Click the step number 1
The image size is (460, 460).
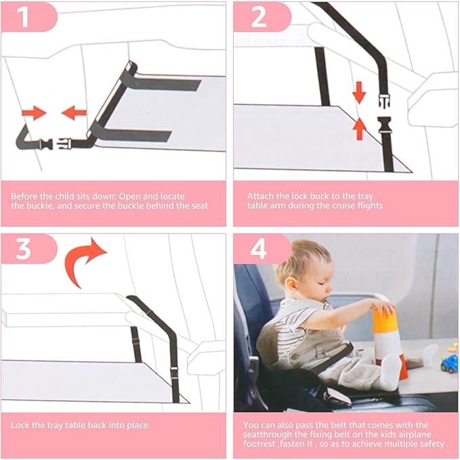(24, 17)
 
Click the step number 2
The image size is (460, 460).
(259, 17)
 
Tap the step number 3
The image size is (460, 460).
(24, 248)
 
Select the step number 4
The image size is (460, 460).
(259, 248)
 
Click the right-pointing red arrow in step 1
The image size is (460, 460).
(32, 112)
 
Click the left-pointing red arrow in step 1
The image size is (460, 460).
(75, 112)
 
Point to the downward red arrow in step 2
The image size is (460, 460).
(359, 92)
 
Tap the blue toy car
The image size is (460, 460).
(448, 363)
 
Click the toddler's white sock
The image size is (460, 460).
(392, 371)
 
